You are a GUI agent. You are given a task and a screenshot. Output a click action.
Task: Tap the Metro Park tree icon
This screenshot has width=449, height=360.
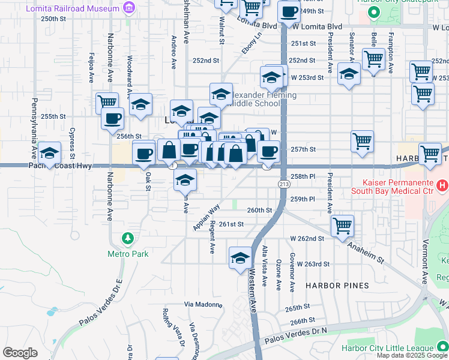tap(128, 239)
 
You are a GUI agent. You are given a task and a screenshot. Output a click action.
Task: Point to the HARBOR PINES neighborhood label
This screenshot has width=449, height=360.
tap(337, 286)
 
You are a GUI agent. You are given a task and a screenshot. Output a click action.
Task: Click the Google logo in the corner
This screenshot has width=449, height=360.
tap(20, 352)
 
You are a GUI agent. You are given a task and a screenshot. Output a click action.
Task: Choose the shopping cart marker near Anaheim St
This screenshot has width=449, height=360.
tap(342, 226)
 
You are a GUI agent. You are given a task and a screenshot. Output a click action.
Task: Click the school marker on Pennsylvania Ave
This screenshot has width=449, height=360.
tap(50, 152)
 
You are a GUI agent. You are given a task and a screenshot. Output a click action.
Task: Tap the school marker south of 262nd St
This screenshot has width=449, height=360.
tap(240, 257)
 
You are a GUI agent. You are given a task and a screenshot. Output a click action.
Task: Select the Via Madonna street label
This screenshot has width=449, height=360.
tap(203, 304)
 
